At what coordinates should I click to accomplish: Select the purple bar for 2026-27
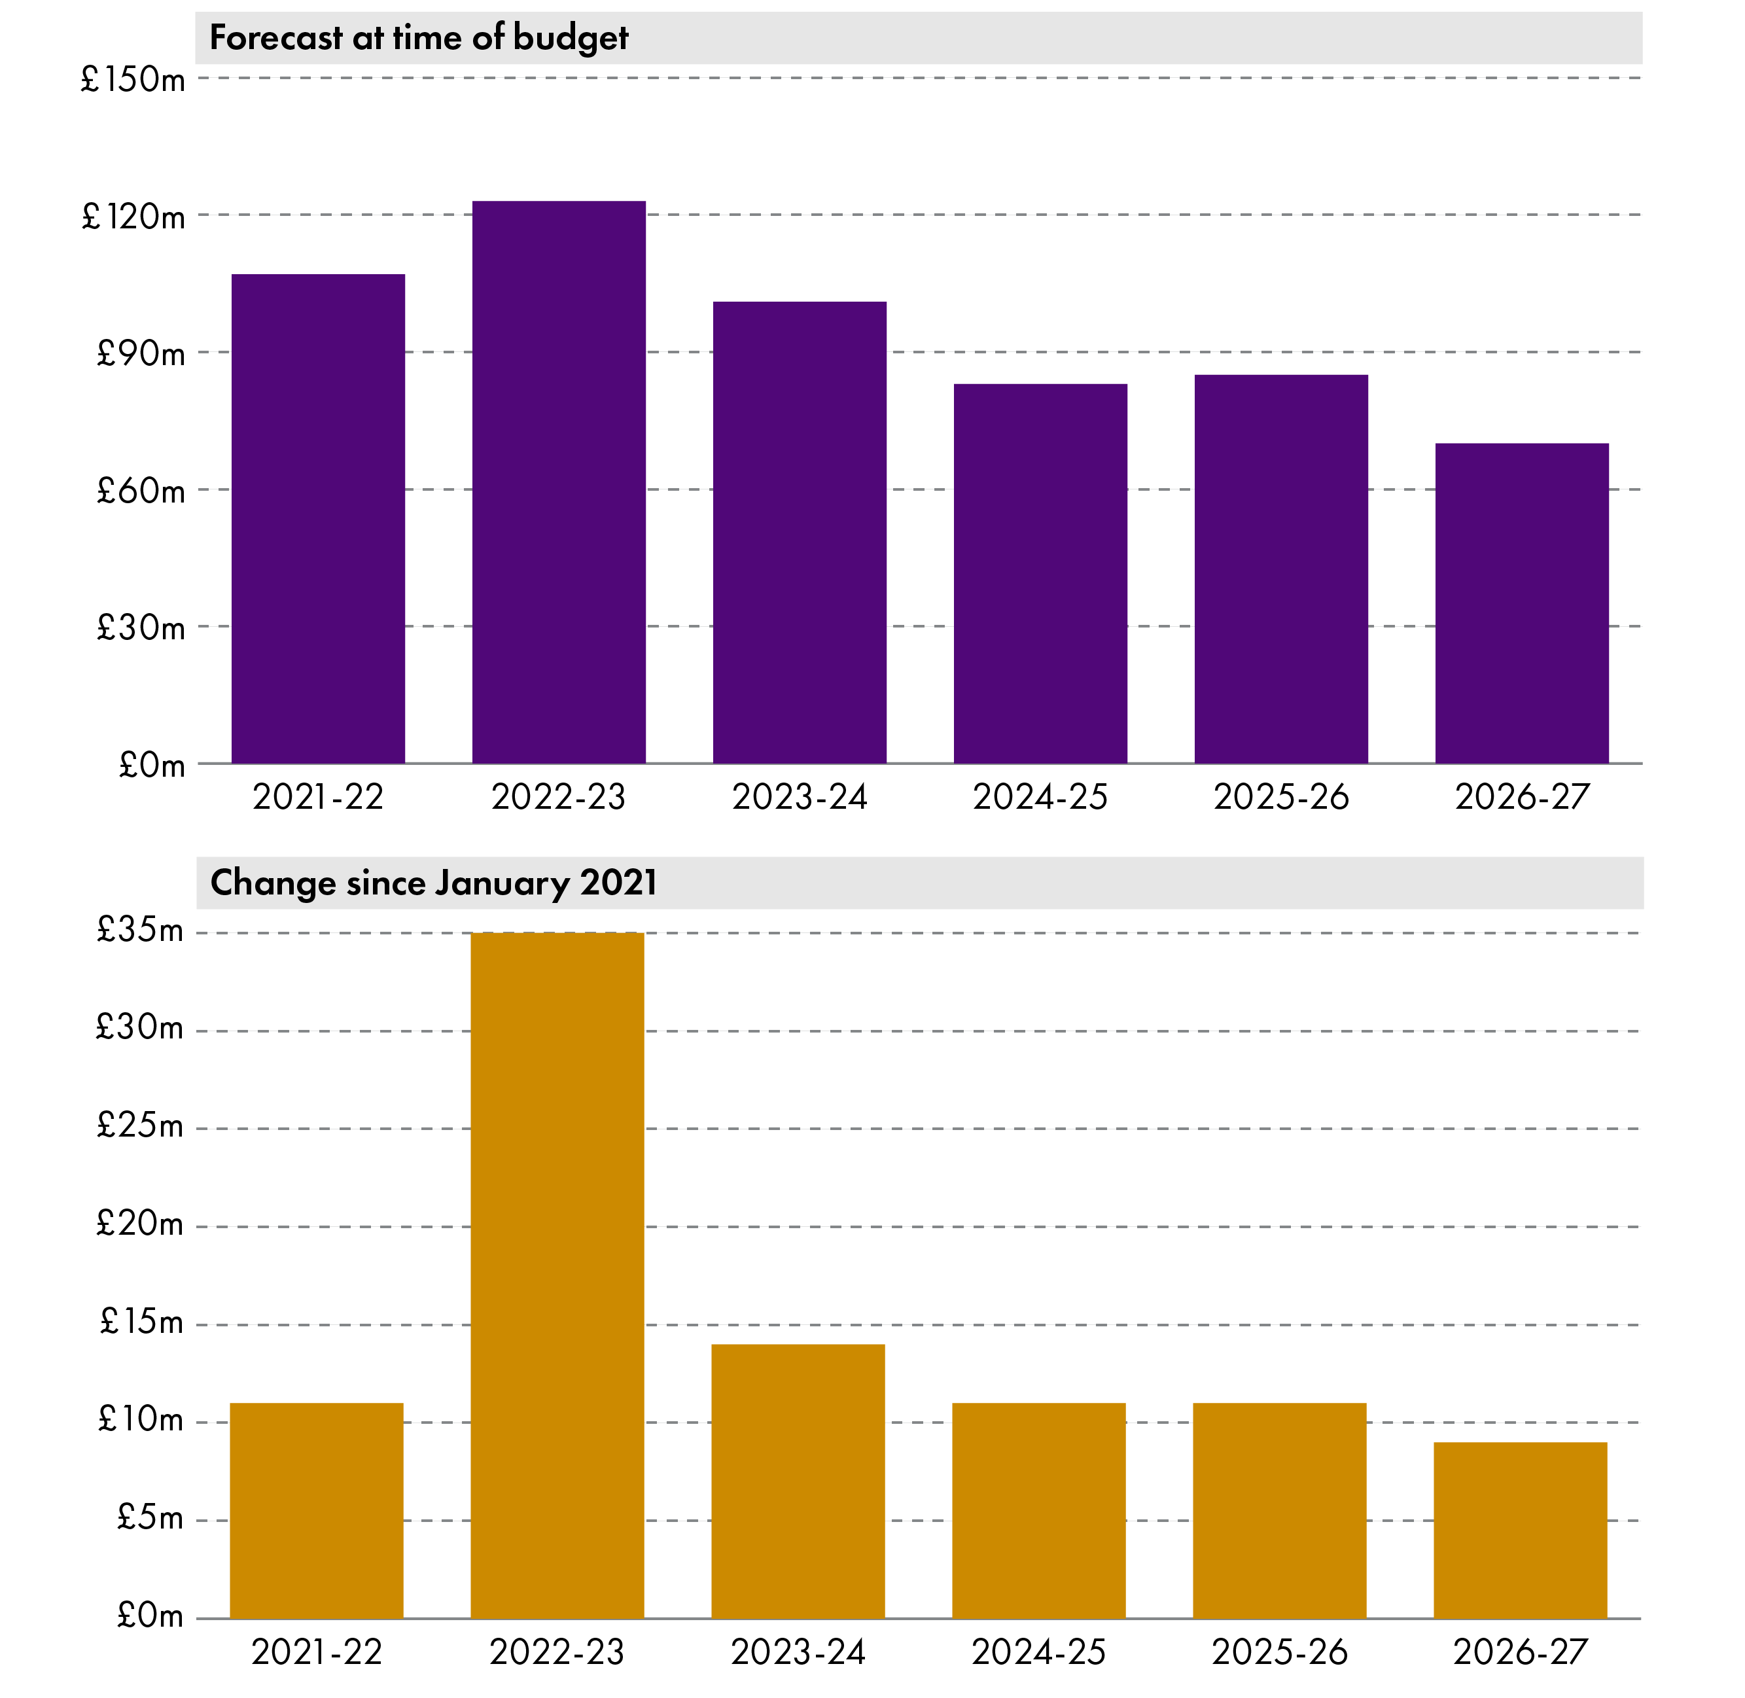pyautogui.click(x=1522, y=604)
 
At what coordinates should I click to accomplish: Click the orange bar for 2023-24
pyautogui.click(x=798, y=1481)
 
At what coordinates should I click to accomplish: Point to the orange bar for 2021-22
pyautogui.click(x=317, y=1511)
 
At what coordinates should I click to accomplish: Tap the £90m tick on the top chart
pyautogui.click(x=141, y=354)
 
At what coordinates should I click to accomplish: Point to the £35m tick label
pyautogui.click(x=139, y=931)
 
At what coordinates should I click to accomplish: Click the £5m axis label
pyautogui.click(x=149, y=1517)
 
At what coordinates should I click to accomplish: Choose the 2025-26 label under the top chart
pyautogui.click(x=1280, y=796)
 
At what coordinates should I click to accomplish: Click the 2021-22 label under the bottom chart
pyautogui.click(x=317, y=1652)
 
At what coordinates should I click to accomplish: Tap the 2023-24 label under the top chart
pyautogui.click(x=799, y=796)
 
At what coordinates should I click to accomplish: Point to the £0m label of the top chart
pyautogui.click(x=152, y=765)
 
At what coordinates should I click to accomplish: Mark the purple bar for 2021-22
pyautogui.click(x=319, y=519)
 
